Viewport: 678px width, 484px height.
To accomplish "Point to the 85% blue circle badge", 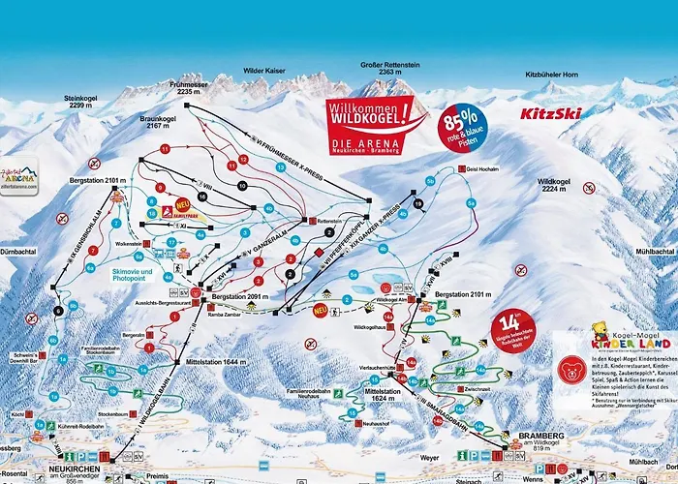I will (463, 123).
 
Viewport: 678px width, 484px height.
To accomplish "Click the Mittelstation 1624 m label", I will (385, 395).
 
